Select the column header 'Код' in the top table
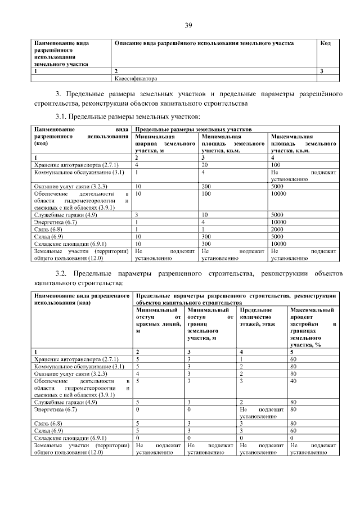pos(325,43)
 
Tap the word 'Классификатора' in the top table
pos(137,79)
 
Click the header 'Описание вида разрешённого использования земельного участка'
pos(204,43)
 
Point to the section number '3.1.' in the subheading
pos(61,116)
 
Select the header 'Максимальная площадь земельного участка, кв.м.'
pos(303,143)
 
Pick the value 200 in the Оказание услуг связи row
pos(207,186)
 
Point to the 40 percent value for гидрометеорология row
pos(293,381)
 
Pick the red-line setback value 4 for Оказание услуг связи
pos(137,373)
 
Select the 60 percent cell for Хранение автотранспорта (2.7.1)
pos(293,359)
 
